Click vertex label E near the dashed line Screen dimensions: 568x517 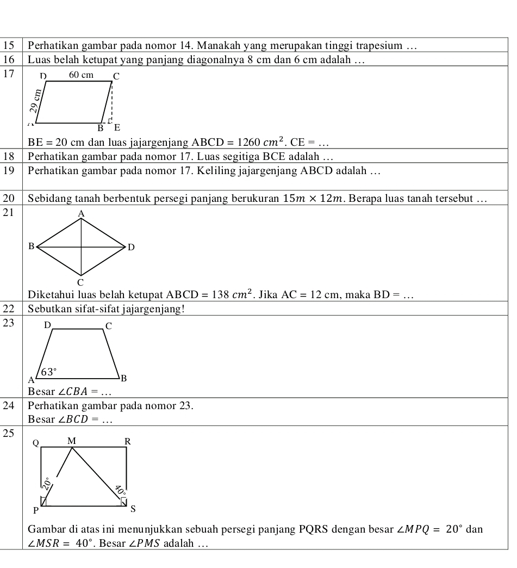116,128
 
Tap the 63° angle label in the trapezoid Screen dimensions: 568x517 49,372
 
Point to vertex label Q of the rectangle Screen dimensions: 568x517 36,442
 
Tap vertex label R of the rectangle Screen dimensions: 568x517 128,441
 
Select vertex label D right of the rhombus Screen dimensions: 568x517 130,248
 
